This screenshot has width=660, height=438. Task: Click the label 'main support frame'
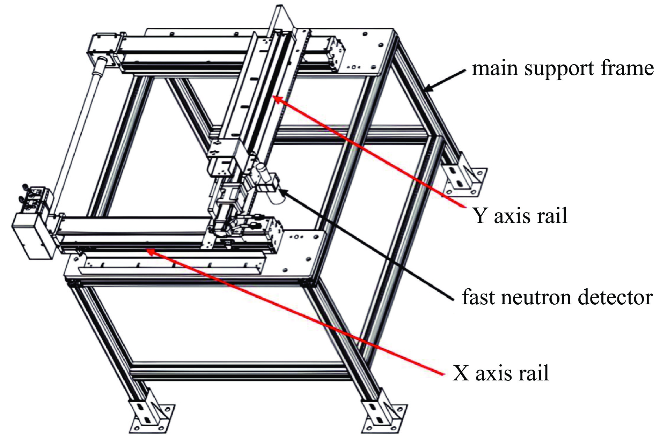(x=562, y=68)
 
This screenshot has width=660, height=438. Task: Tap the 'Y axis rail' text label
(x=520, y=216)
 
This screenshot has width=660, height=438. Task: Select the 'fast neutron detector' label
(x=557, y=297)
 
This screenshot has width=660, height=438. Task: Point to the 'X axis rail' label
(x=500, y=373)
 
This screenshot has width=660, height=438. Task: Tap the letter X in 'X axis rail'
(x=461, y=373)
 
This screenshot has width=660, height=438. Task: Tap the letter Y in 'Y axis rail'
(x=480, y=216)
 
